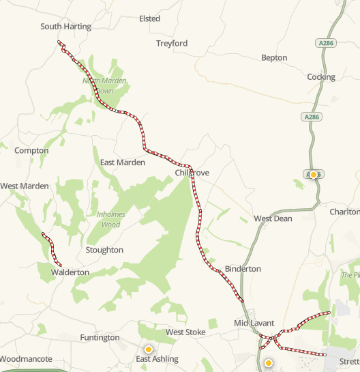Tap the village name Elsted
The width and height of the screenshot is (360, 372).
point(149,18)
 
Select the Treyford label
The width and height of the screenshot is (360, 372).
point(171,43)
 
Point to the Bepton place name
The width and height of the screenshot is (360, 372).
point(274,58)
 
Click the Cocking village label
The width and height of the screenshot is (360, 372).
point(321,77)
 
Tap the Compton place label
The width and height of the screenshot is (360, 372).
point(31,150)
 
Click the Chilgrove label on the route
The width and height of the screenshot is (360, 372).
point(192,173)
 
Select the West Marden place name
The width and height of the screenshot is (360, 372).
point(25,186)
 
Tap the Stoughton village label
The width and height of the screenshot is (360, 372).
point(104,250)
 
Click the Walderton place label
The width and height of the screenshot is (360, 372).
point(70,272)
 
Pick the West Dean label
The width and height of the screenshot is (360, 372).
point(273,218)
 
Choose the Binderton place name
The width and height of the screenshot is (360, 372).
point(243,269)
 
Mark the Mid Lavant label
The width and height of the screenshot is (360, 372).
point(254,322)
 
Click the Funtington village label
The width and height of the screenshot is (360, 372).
point(100,337)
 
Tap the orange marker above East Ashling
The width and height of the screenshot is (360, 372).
point(147,349)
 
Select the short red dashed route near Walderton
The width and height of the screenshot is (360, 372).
point(52,249)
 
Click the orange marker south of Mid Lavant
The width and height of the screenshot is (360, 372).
point(269,362)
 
